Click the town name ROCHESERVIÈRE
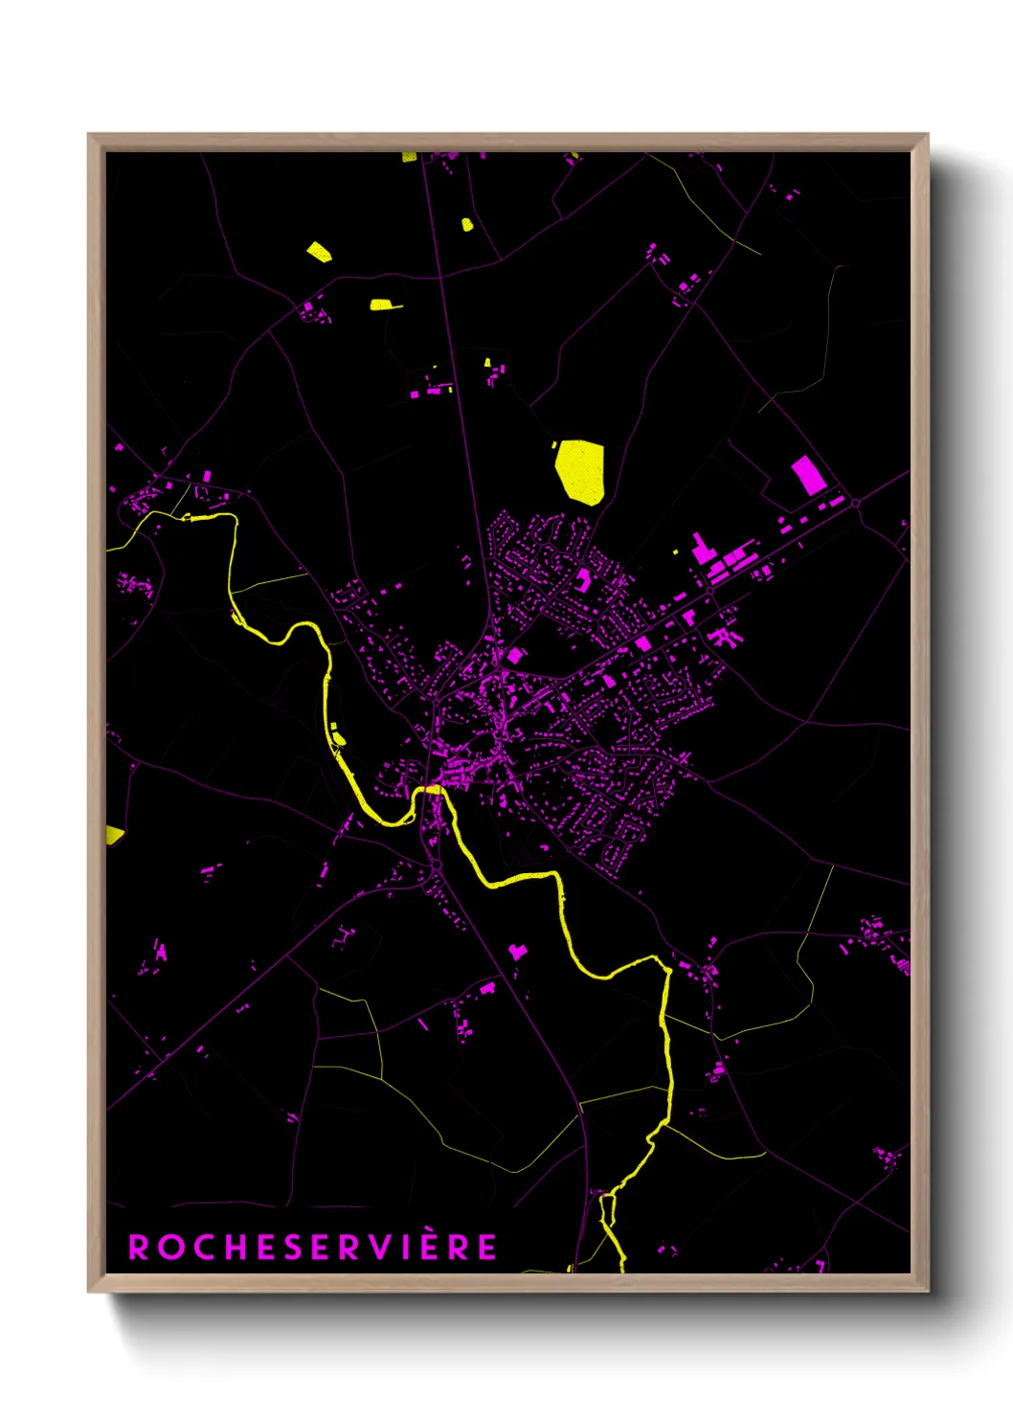point(313,1247)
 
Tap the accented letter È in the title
point(431,1246)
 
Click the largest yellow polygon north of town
point(580,471)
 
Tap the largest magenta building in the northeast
point(808,475)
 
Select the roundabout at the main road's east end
point(855,502)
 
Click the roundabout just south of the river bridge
point(436,866)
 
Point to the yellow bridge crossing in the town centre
point(433,789)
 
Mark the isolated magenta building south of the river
point(518,951)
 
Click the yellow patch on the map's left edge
point(114,835)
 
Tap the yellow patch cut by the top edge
point(409,156)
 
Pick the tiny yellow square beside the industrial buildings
point(677,551)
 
